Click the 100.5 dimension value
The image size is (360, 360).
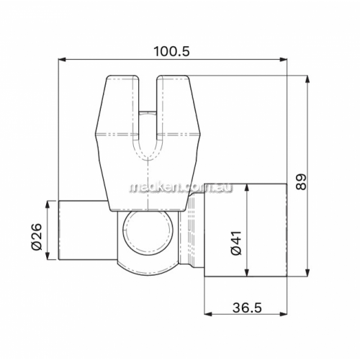(171, 51)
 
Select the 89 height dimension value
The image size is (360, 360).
(301, 182)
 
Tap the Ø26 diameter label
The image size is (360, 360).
(37, 237)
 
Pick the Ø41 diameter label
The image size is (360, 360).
(235, 243)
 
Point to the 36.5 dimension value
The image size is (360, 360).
(247, 307)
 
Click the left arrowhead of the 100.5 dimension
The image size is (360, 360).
(62, 60)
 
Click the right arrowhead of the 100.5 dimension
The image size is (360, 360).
(284, 60)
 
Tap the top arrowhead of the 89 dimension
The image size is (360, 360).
(307, 79)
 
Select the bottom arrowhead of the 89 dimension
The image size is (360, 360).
(307, 273)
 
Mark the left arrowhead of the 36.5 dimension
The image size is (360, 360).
(207, 314)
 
